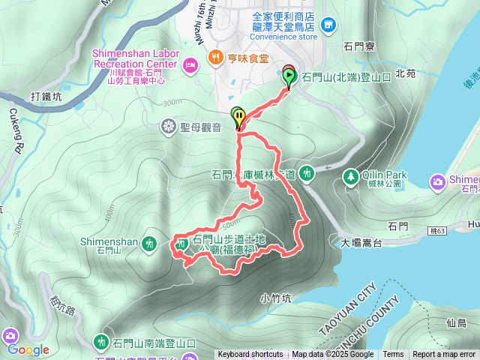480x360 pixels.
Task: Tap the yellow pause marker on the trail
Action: point(238,116)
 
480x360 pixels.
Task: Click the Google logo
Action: point(28,349)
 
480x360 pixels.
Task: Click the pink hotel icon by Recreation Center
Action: point(190,64)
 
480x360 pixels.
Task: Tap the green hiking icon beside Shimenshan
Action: point(149,243)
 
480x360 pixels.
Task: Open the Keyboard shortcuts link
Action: point(250,355)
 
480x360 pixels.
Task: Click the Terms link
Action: point(393,355)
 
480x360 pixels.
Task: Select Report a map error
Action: point(444,355)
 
